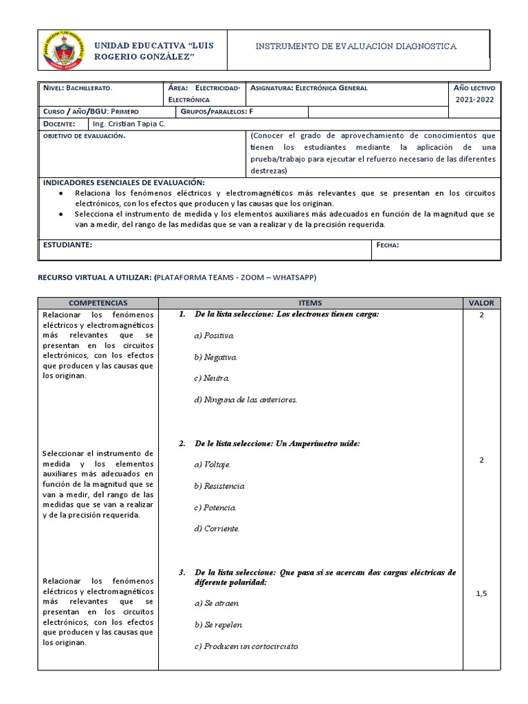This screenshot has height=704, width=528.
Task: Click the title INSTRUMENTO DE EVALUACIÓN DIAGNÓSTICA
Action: [355, 46]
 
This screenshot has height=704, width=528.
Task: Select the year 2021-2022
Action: [474, 100]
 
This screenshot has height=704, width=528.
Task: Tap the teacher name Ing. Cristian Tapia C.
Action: [128, 124]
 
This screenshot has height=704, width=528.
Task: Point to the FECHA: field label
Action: [388, 245]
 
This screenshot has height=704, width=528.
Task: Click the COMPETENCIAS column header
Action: [98, 302]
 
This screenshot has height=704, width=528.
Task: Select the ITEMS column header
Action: [310, 302]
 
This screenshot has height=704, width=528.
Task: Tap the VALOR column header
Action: [481, 302]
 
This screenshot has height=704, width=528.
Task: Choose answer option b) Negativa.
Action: [216, 357]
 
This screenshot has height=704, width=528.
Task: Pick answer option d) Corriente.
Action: [217, 529]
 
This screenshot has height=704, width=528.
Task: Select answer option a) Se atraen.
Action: [218, 603]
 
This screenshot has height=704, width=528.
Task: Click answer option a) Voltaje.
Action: [212, 465]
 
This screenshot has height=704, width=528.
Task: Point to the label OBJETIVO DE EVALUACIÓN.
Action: [84, 137]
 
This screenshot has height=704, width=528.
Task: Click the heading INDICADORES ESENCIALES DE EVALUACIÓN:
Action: [124, 182]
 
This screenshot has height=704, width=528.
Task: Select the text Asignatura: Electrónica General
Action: [309, 88]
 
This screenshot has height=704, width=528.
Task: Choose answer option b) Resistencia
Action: [219, 486]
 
